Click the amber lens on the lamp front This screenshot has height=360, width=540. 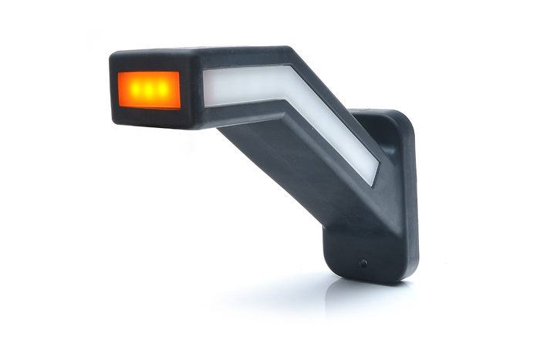coord(149,90)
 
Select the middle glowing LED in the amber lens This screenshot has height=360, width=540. coord(148,89)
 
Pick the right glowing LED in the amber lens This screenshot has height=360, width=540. coord(162,90)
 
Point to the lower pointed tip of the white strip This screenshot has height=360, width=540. coord(373,183)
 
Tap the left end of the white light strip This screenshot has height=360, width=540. coord(207,87)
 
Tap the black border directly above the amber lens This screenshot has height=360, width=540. coord(148,64)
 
